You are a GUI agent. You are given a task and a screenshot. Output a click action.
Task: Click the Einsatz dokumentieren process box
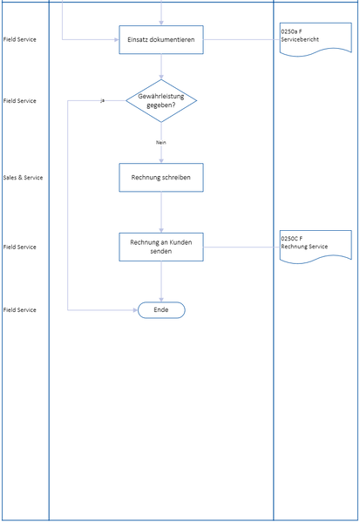161,39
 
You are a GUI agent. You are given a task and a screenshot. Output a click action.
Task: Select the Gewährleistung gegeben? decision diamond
161,101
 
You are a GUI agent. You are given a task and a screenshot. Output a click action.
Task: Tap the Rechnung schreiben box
161,178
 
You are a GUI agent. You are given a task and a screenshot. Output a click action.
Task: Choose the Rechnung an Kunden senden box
161,247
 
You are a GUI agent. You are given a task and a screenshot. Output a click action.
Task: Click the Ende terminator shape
161,310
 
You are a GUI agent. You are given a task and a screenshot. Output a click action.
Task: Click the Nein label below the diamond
161,142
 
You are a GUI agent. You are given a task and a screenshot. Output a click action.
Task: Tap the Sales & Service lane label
23,178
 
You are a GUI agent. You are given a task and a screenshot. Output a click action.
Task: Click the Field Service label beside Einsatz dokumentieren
20,39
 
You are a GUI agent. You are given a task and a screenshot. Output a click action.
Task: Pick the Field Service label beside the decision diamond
20,101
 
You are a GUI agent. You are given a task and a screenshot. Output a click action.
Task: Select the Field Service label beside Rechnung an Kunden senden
20,247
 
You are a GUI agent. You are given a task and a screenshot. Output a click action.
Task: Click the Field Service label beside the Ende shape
20,310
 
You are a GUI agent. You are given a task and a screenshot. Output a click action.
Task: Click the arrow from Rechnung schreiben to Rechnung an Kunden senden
161,212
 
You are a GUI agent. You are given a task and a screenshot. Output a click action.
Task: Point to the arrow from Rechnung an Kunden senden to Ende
161,281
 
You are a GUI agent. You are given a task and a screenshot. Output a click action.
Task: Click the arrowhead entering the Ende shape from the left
134,310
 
